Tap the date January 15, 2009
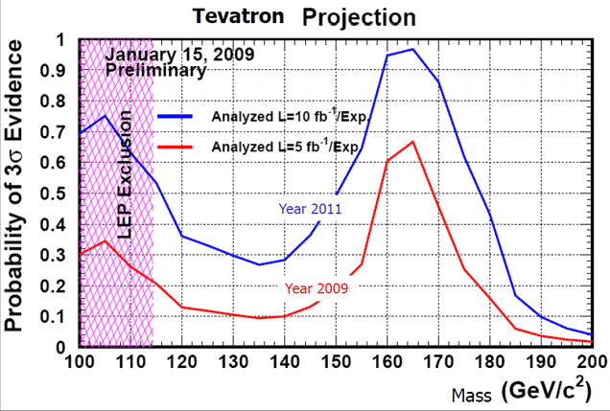click(179, 55)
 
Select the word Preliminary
click(155, 70)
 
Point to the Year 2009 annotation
click(317, 285)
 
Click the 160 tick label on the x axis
click(387, 362)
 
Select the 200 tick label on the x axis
click(591, 362)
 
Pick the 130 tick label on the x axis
click(234, 362)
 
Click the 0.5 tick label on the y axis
click(61, 194)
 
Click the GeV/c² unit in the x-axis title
click(559, 391)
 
